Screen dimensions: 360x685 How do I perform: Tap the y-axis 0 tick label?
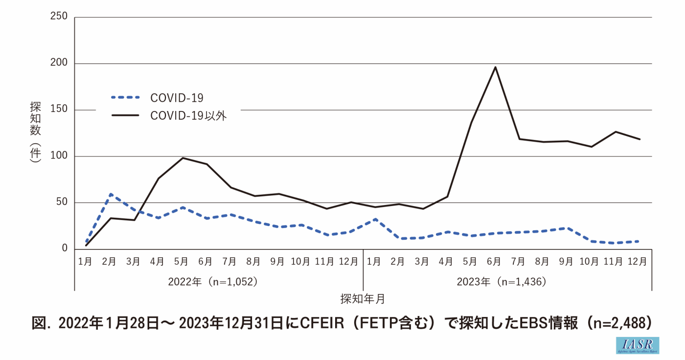click(x=65, y=248)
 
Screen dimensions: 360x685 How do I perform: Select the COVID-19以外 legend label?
click(x=188, y=116)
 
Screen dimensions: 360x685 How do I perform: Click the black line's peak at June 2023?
click(x=495, y=67)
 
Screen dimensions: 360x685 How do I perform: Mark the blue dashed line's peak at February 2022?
click(x=111, y=194)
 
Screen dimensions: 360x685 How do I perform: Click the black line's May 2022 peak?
click(x=182, y=158)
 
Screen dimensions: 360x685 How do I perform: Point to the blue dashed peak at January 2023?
click(x=375, y=219)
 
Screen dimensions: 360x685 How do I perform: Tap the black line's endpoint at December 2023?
click(x=639, y=139)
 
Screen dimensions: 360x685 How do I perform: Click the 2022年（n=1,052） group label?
click(x=212, y=282)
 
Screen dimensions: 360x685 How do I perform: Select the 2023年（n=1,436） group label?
click(x=501, y=282)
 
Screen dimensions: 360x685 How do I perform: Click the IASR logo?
click(x=637, y=345)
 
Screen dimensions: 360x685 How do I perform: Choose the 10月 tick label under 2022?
click(x=301, y=261)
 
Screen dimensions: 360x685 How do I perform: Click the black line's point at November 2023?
click(x=616, y=132)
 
